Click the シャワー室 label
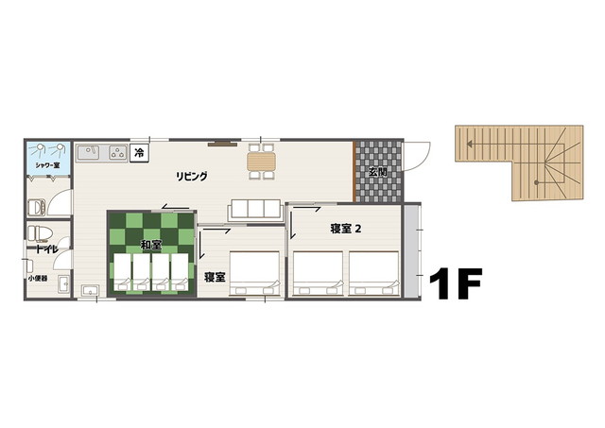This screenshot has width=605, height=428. pos(47,165)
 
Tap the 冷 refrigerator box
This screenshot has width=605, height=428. pos(139,153)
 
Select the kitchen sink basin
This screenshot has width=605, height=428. pos(89,152)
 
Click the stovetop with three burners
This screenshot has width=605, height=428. pos(117,152)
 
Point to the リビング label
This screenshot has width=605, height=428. pos(192,177)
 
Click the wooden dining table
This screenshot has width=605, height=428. pos(262,162)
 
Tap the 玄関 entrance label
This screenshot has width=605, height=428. pos(378,172)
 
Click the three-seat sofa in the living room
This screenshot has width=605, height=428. pos(255,210)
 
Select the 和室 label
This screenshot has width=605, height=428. pos(151,245)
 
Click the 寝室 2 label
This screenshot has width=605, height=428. pos(346,229)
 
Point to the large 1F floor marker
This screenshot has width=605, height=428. pos(456,283)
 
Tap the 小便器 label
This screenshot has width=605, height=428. pos(38,278)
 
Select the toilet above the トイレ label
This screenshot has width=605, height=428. pos(38,233)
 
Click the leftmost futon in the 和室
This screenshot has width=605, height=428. pos(123,272)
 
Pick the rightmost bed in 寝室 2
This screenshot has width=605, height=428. pos(374,274)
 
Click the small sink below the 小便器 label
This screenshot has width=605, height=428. pos(63,284)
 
